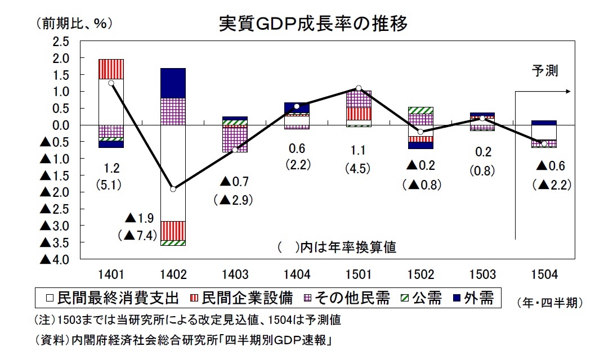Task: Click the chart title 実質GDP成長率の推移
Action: point(312,24)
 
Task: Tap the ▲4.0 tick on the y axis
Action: point(54,259)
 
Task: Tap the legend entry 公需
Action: point(423,298)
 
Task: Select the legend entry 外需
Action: point(473,298)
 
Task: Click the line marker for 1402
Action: point(173,189)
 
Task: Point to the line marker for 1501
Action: point(359,88)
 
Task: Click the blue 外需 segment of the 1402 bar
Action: point(173,83)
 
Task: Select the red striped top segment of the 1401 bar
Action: point(111,69)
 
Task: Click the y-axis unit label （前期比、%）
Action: point(74,24)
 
